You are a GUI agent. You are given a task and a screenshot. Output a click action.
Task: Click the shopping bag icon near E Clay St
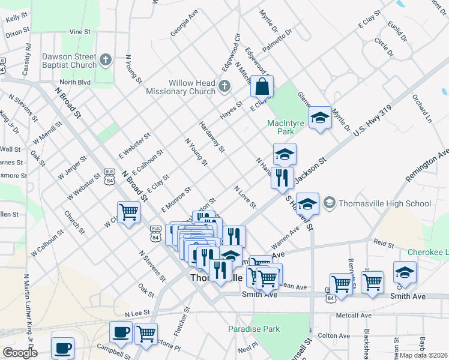(262, 88)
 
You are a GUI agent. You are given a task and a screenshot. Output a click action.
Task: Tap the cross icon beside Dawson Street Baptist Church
(106, 60)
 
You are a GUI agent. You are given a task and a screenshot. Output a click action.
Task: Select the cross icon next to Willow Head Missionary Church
(224, 86)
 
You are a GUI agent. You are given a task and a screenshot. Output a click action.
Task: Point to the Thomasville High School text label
(385, 203)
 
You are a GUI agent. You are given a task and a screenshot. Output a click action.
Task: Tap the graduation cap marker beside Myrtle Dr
(320, 118)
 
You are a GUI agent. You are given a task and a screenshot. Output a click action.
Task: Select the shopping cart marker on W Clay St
(128, 212)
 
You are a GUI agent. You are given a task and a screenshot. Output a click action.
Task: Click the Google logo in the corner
(20, 352)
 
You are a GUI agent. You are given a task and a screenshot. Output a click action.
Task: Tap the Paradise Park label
(254, 329)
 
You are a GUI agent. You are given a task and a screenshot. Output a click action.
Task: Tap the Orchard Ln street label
(421, 108)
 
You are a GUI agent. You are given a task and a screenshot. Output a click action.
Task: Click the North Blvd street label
(74, 82)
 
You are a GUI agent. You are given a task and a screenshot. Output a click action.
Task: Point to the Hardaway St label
(211, 137)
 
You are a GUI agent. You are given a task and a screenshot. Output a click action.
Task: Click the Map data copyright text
(424, 355)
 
